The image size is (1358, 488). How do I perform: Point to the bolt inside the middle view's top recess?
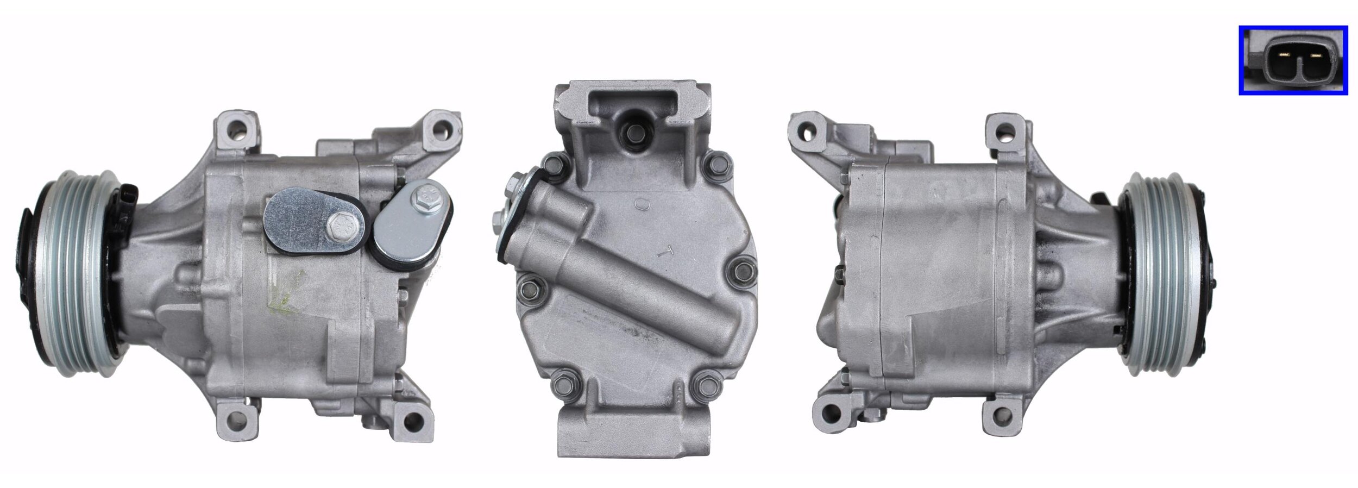click(632, 132)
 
